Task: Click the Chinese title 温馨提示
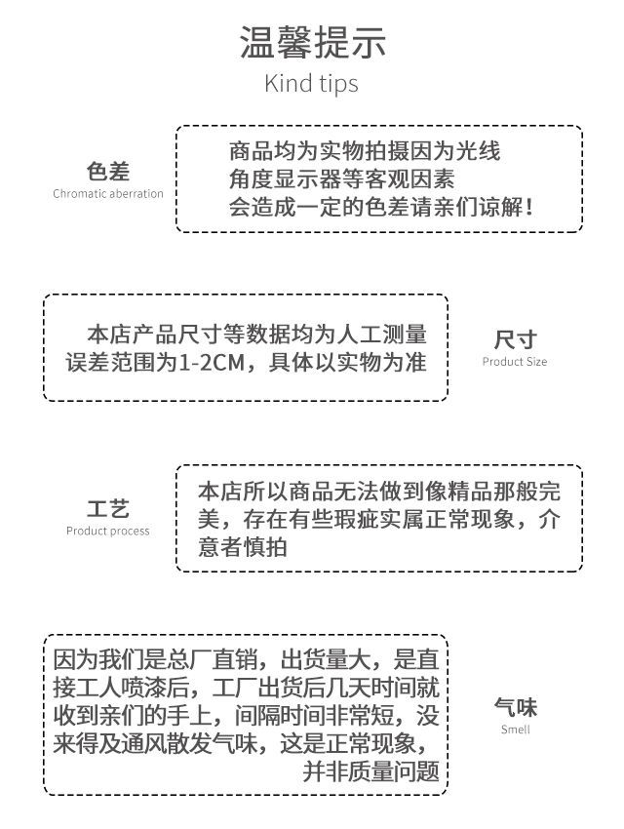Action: [x=312, y=42]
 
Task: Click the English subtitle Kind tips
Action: [x=311, y=84]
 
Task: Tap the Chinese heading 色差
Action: [x=108, y=172]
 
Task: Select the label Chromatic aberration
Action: [x=108, y=193]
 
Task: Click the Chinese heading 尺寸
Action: [x=515, y=339]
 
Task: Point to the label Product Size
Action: [x=515, y=362]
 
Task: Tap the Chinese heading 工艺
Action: [x=108, y=508]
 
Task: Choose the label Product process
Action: [x=108, y=531]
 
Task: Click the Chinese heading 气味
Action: [x=515, y=707]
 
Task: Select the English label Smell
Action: [x=515, y=730]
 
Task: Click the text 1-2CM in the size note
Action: [x=212, y=363]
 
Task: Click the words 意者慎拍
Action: [x=243, y=547]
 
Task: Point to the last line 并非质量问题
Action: [x=370, y=771]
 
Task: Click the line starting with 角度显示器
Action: [x=341, y=179]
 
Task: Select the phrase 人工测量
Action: [x=382, y=335]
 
